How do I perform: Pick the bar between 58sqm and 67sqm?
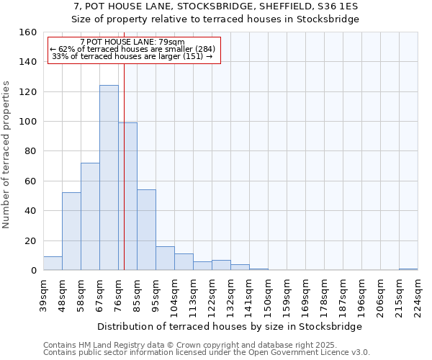(x=90, y=217)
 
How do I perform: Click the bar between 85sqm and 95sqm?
(x=146, y=230)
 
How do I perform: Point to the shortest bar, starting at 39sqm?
(x=53, y=264)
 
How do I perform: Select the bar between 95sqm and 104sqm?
(x=165, y=258)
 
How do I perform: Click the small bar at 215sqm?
(x=408, y=269)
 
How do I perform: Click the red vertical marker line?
(x=125, y=144)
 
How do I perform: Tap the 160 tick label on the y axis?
(x=28, y=32)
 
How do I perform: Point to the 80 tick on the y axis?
(x=31, y=151)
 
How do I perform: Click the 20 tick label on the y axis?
(x=31, y=240)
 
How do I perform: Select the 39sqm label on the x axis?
(x=44, y=296)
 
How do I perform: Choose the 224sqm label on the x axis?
(x=418, y=296)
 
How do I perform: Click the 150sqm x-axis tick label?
(x=268, y=296)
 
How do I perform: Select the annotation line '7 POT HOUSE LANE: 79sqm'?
(x=132, y=42)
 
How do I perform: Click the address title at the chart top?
(x=216, y=6)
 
